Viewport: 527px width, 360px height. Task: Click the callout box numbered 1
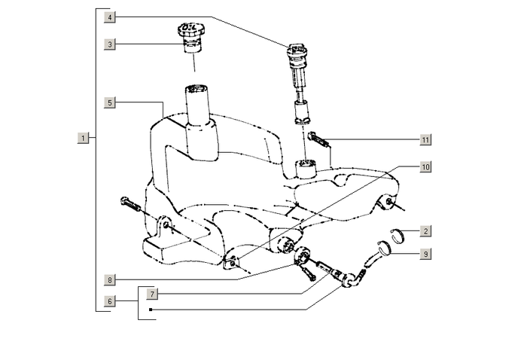[83, 138]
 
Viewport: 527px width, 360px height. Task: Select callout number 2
[425, 231]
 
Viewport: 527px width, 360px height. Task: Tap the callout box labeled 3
[111, 44]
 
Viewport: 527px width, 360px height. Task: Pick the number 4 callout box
[111, 16]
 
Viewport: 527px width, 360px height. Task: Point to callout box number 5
[111, 102]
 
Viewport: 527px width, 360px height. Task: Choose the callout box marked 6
[111, 301]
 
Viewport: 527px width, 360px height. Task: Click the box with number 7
[153, 292]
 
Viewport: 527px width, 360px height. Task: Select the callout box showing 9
[425, 254]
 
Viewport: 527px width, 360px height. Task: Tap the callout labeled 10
[425, 167]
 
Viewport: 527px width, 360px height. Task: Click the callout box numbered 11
[425, 139]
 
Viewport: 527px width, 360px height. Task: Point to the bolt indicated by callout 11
[319, 141]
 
